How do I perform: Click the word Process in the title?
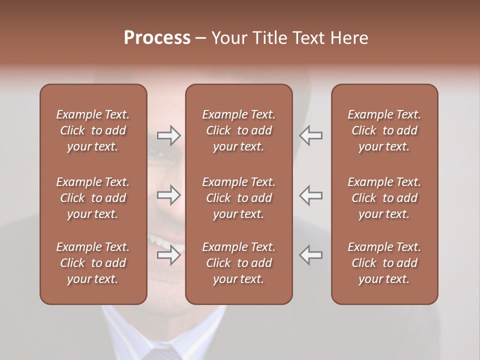(157, 38)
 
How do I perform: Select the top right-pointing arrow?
(169, 135)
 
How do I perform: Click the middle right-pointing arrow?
(169, 195)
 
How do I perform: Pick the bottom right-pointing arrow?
(169, 255)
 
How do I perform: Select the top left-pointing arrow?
(310, 135)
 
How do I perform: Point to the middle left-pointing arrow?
(310, 195)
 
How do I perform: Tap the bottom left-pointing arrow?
(310, 255)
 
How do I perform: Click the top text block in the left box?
(93, 130)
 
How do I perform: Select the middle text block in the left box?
(93, 198)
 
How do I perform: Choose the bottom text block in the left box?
(93, 263)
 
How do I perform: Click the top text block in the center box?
(239, 130)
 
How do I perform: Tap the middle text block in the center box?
(239, 198)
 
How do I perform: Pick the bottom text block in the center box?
(239, 263)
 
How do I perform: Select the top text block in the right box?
(384, 130)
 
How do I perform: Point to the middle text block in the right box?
(384, 198)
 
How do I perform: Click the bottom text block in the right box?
(384, 263)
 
